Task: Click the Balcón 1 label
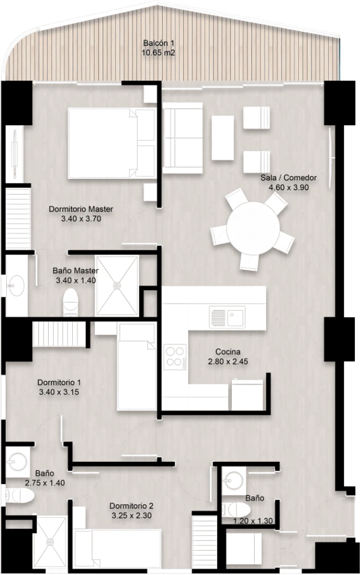158,43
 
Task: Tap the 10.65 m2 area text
158,53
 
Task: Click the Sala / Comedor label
288,178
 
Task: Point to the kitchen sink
226,317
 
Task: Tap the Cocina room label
228,352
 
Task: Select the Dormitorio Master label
81,209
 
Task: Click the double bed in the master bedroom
111,143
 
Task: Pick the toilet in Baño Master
70,302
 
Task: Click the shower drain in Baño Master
117,285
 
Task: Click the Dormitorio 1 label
59,383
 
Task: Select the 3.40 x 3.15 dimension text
59,392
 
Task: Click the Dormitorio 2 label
131,506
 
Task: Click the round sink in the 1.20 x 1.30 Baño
234,478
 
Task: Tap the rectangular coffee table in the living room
222,138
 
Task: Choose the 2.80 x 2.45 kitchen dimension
228,361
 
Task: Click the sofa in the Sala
182,138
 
